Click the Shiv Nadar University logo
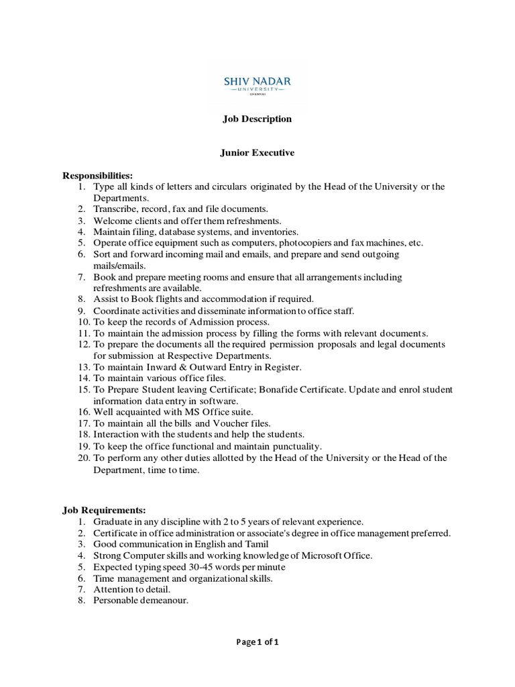[x=257, y=84]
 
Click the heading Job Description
[x=257, y=119]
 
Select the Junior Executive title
[x=257, y=153]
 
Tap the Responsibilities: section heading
[x=98, y=175]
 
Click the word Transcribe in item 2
[x=115, y=209]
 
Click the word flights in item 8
[x=175, y=299]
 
